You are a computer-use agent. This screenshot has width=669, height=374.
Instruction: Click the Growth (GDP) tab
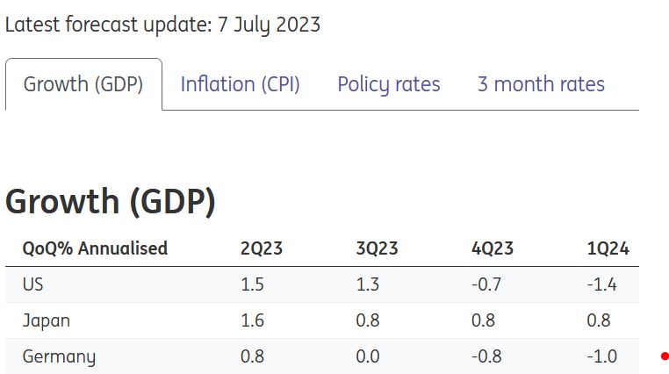[x=83, y=84]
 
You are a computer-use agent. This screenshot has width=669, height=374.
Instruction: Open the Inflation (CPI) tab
[x=240, y=84]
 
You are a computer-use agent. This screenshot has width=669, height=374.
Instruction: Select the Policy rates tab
[x=389, y=84]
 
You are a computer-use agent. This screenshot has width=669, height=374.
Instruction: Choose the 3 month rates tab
[x=541, y=84]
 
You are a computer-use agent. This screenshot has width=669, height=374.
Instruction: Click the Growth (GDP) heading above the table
[x=111, y=202]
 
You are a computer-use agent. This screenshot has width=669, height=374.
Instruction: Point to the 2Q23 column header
[x=262, y=248]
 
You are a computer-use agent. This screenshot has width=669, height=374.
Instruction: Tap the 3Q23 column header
[x=377, y=248]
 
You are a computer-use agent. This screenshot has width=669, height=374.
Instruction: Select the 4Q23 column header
[x=493, y=248]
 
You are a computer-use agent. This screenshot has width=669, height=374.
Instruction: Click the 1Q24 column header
[x=608, y=248]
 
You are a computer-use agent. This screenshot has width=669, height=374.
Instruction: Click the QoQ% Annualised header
[x=95, y=248]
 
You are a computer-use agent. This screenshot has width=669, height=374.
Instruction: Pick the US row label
[x=33, y=284]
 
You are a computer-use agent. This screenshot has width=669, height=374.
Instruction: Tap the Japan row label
[x=47, y=320]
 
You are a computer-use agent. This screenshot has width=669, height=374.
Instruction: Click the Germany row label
[x=59, y=356]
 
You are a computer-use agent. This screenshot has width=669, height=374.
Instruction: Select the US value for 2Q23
[x=252, y=284]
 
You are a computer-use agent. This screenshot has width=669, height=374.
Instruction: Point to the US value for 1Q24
[x=602, y=284]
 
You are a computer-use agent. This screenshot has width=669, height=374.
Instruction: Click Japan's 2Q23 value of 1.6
[x=252, y=320]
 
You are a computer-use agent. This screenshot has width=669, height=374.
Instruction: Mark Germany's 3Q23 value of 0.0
[x=368, y=356]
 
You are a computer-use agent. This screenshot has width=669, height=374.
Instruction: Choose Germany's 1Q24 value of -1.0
[x=602, y=356]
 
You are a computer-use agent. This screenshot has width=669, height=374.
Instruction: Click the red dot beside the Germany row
[x=665, y=356]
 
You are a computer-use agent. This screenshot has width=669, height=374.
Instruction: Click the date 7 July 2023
[x=267, y=25]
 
